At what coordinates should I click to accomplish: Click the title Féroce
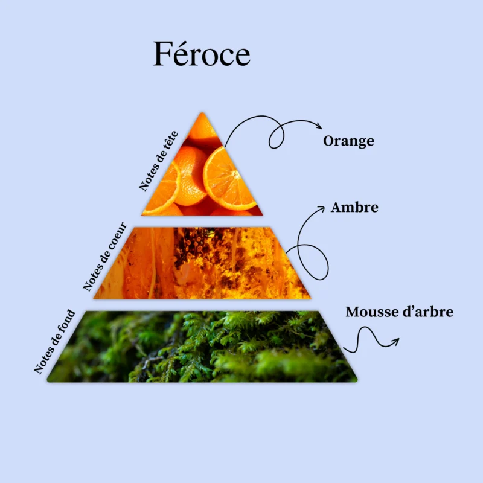(202, 54)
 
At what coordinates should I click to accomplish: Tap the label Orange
(349, 141)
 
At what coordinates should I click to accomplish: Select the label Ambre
(354, 207)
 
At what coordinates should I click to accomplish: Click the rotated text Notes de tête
(158, 161)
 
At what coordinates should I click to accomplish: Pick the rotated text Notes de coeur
(104, 256)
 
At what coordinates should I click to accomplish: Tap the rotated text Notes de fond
(54, 342)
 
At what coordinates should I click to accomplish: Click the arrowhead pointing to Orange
(319, 126)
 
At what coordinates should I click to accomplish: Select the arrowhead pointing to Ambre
(321, 209)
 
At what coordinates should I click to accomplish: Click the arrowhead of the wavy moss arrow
(395, 341)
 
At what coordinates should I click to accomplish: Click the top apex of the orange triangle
(202, 113)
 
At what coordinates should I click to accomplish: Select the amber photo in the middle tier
(202, 263)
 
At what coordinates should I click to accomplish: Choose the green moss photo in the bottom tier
(202, 347)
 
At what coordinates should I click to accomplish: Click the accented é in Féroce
(184, 53)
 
